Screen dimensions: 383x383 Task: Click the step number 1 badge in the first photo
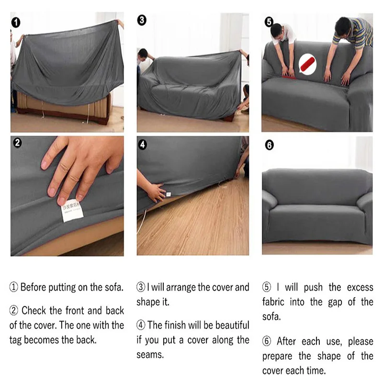pos(17,22)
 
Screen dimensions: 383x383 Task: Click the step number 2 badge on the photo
pos(17,142)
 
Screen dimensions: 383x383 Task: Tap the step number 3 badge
pos(142,21)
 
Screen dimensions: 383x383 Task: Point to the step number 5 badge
pos(269,22)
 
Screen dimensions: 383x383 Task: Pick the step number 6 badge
pos(269,144)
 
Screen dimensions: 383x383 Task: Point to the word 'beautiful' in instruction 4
pos(232,326)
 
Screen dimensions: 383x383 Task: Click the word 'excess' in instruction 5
pos(360,288)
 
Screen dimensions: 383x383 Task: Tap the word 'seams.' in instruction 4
pos(150,355)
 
